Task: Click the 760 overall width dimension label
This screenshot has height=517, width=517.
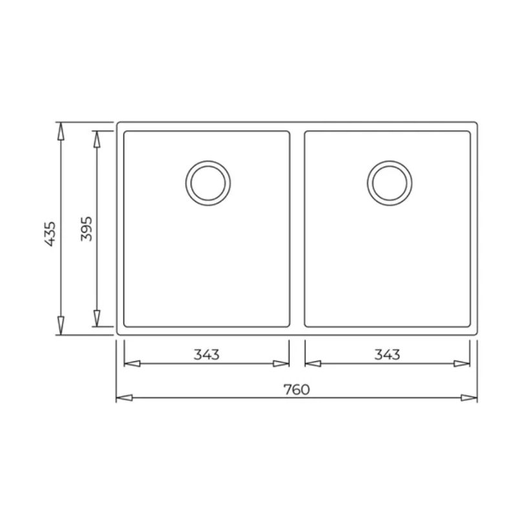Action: (297, 389)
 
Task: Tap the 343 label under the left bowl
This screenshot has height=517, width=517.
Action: (206, 355)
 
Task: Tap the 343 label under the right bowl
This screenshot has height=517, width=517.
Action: (387, 355)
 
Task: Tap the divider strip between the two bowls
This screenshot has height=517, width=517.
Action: (297, 229)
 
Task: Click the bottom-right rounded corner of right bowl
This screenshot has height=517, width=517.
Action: (468, 324)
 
